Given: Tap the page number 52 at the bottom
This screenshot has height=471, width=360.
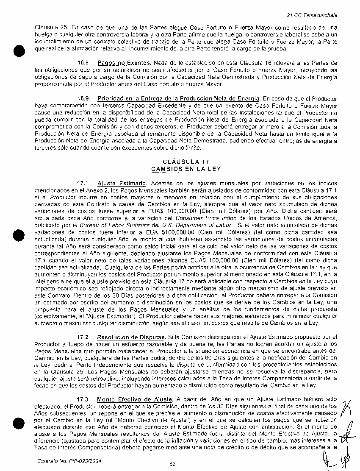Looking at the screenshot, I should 172,465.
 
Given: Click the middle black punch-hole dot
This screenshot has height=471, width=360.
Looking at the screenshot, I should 16,233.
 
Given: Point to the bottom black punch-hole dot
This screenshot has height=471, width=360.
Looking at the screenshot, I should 16,413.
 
